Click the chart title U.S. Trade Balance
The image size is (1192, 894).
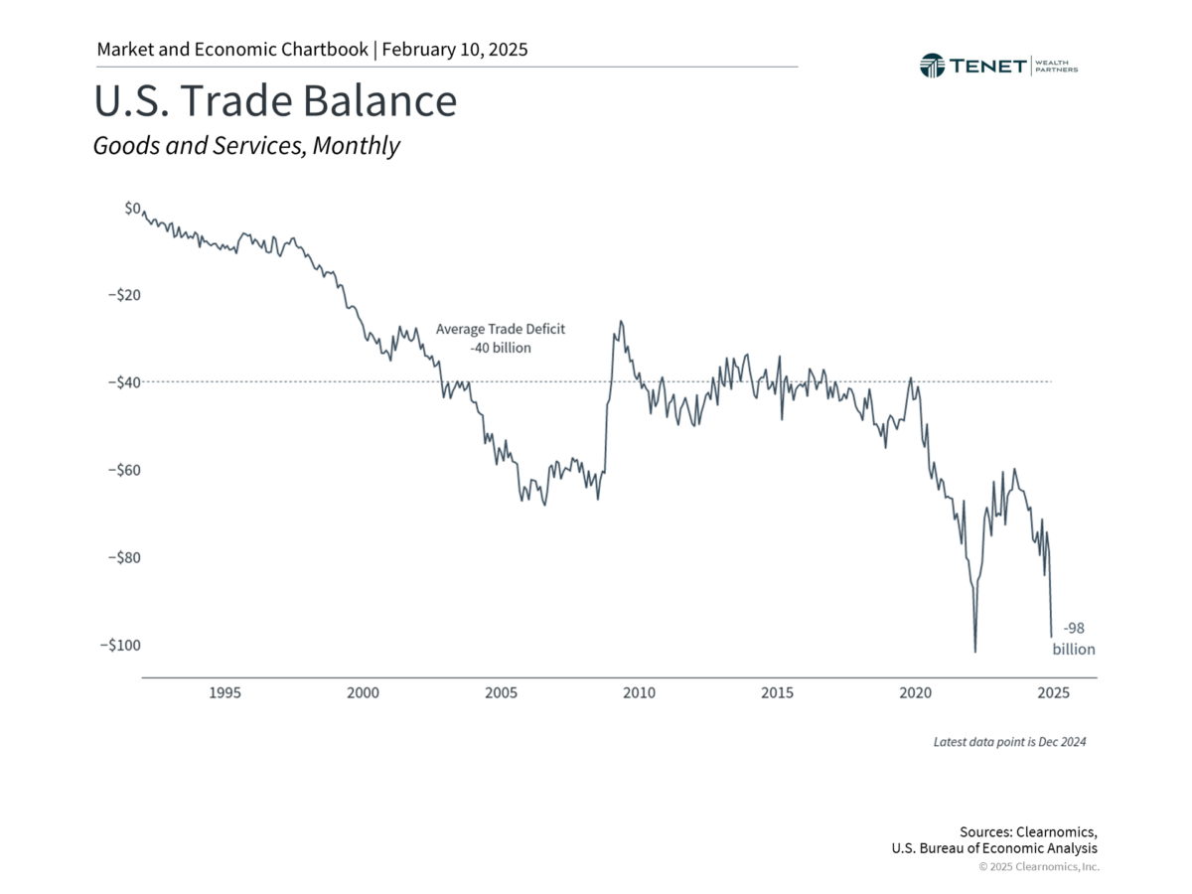coord(275,102)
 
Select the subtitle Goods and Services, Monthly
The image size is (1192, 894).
coord(246,146)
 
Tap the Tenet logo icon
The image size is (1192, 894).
coord(933,66)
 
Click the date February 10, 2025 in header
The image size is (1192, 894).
coord(454,49)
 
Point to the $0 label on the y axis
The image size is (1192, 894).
coord(132,209)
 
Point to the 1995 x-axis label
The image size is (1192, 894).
coord(224,693)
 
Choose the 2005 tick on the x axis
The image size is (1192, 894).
coord(501,693)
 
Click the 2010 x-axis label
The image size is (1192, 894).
coord(639,693)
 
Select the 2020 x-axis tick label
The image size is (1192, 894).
coord(915,693)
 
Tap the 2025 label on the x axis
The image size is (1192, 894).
coord(1053,693)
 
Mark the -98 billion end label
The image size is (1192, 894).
coord(1074,639)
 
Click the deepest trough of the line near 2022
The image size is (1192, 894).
coord(974,652)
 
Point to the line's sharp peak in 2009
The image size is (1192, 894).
coord(621,322)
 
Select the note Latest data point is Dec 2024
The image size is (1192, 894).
coord(1009,742)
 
